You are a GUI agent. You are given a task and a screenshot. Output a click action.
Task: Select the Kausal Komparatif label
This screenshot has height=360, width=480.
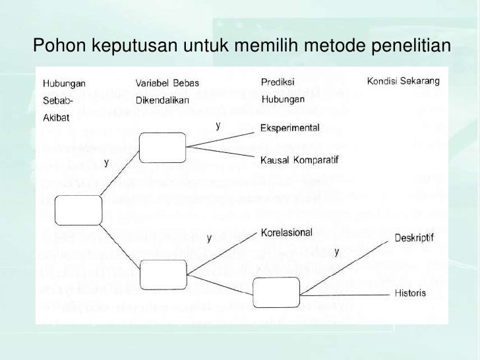click(x=299, y=160)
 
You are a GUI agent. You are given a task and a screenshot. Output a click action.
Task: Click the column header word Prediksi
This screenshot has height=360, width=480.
click(x=277, y=83)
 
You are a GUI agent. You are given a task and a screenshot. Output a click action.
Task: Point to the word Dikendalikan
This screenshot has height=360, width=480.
click(x=162, y=100)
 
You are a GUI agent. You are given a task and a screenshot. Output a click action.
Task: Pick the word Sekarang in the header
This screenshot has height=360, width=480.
click(x=428, y=82)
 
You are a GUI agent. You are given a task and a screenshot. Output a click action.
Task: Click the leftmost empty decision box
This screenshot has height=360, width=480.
click(x=78, y=210)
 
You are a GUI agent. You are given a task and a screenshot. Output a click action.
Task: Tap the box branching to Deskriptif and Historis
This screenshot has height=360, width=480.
click(x=276, y=290)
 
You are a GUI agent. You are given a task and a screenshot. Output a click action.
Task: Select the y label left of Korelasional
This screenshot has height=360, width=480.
click(x=209, y=237)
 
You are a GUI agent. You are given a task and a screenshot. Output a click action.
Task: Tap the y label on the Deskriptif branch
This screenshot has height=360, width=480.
click(x=337, y=251)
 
